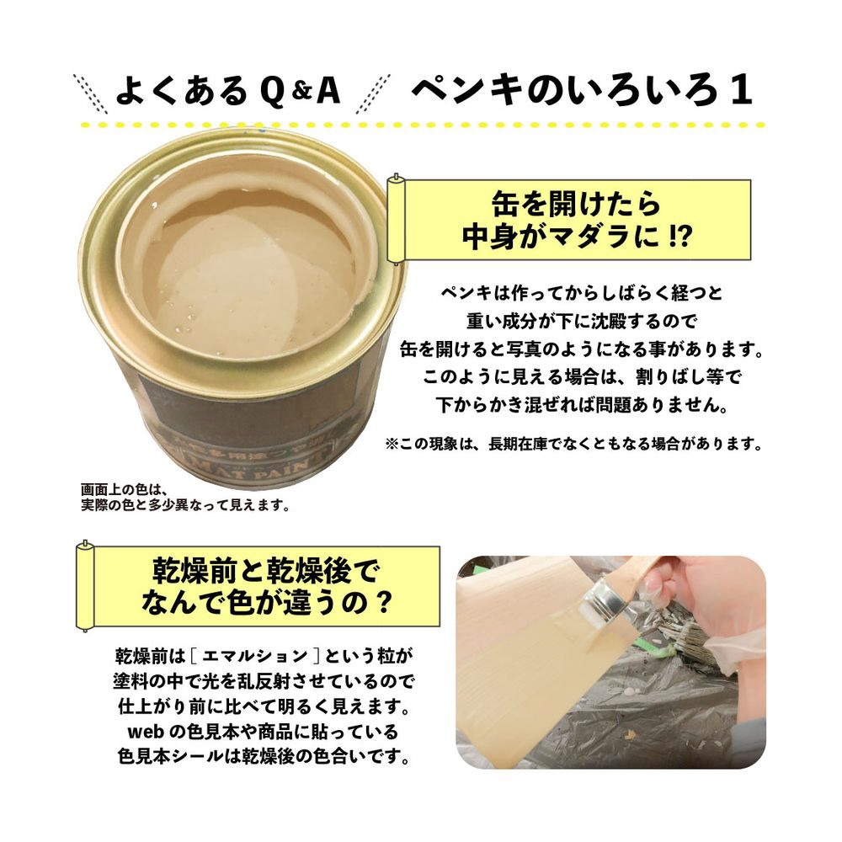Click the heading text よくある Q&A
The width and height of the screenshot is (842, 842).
click(228, 91)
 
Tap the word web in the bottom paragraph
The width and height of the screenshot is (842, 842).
click(146, 732)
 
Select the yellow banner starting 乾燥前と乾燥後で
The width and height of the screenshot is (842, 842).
click(258, 587)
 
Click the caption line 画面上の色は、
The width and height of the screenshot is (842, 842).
click(125, 490)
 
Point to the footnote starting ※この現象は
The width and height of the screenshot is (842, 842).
click(573, 444)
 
